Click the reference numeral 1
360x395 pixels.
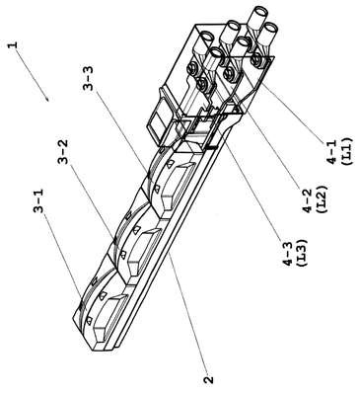point(12,44)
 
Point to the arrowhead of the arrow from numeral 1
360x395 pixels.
point(47,99)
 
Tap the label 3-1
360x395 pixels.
point(38,200)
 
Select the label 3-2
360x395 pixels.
point(62,152)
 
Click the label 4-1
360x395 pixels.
point(332,151)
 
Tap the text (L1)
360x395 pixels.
point(347,151)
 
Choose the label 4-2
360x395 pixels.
point(308,199)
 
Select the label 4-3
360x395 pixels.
point(288,253)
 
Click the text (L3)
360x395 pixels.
point(302,253)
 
